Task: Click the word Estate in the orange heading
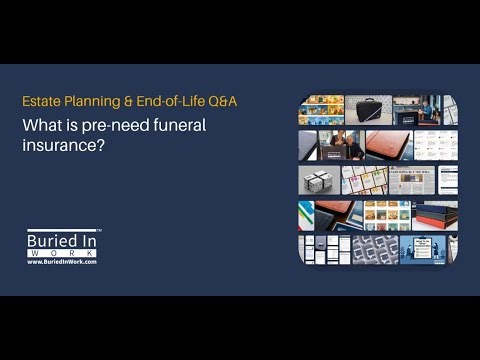(x=39, y=101)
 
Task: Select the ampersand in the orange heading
(x=117, y=101)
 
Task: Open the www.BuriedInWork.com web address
(x=62, y=264)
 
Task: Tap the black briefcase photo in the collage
(x=368, y=110)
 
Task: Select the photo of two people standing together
(x=341, y=145)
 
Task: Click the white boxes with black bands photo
(x=319, y=180)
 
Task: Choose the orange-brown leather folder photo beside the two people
(x=388, y=145)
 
